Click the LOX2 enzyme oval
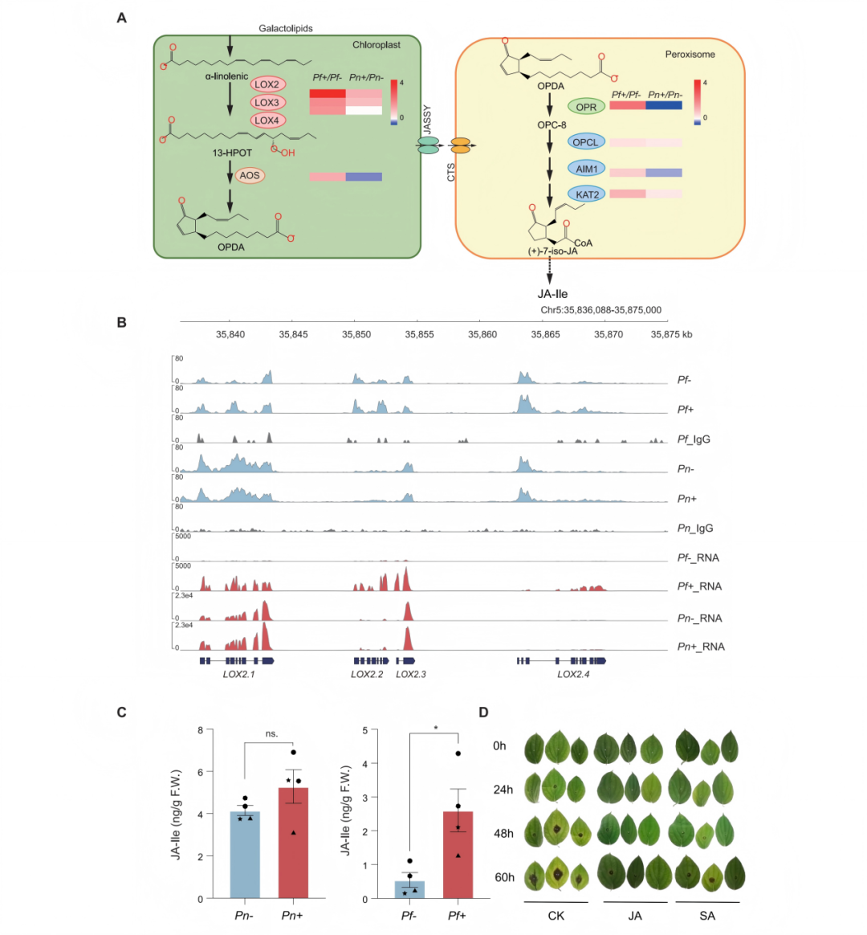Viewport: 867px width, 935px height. tap(267, 84)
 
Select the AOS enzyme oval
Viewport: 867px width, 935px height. tap(250, 175)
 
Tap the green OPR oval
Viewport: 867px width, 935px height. tap(586, 107)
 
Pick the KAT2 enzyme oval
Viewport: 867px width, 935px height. tap(587, 194)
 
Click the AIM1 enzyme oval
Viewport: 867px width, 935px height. tap(586, 169)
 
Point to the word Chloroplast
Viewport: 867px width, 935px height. tap(376, 45)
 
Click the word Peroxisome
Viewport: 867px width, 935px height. tap(690, 55)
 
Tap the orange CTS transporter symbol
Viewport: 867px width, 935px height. tap(460, 145)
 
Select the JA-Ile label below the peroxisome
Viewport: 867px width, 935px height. tap(552, 294)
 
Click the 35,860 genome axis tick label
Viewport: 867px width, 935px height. tap(482, 334)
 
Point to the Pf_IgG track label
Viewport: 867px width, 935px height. tap(694, 439)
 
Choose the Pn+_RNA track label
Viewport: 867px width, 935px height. tap(701, 647)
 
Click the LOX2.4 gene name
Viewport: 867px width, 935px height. tap(573, 675)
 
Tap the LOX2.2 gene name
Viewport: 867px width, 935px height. tap(367, 675)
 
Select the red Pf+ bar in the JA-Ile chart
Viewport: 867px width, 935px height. tap(458, 855)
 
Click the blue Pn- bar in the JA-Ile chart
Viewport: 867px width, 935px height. tap(245, 855)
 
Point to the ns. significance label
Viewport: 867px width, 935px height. tap(271, 733)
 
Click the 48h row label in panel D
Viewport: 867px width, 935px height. tap(503, 834)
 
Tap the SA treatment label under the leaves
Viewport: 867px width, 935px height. tap(707, 916)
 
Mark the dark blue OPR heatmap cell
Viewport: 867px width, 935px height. tap(664, 105)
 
